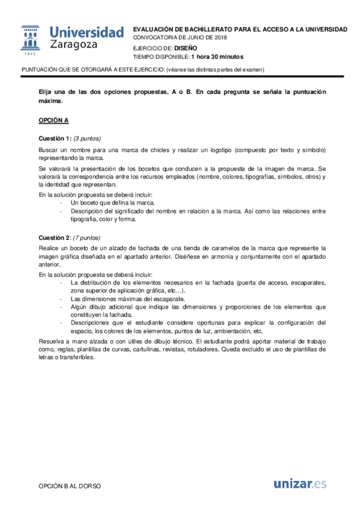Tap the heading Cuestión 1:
56,137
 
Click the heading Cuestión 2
56,237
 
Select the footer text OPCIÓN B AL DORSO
70,485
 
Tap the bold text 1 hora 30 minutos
217,57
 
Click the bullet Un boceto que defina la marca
112,203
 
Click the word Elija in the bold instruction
45,92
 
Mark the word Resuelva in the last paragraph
50,340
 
